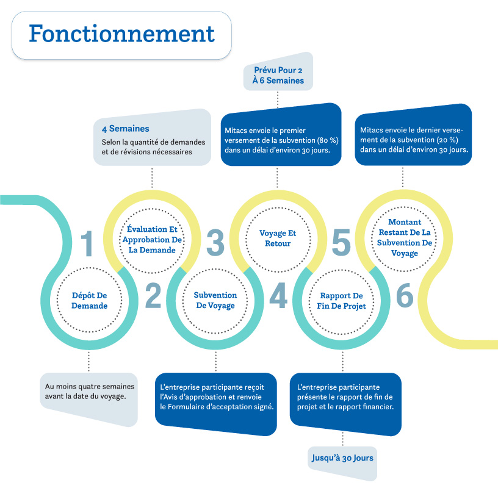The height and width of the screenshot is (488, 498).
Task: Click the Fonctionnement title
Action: (x=121, y=34)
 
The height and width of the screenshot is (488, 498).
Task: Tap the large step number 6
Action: (x=404, y=296)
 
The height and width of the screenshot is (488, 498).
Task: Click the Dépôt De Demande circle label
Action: (x=89, y=301)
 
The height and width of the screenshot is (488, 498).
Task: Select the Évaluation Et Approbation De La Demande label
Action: (x=152, y=240)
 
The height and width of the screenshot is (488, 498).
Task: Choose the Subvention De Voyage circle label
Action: (x=215, y=300)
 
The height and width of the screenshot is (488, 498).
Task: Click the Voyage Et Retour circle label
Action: (x=278, y=239)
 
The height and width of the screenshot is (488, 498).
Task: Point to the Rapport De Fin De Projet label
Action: (x=341, y=301)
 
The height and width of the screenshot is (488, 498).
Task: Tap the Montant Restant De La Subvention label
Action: (x=403, y=237)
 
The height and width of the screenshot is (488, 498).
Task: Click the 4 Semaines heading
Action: (x=126, y=129)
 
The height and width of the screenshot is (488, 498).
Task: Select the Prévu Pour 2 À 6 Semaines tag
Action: (x=278, y=75)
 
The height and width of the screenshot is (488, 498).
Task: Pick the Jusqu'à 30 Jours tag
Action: (x=342, y=457)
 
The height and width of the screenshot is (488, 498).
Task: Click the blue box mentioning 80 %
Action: (x=280, y=140)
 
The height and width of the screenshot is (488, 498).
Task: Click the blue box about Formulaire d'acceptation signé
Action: (x=217, y=397)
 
